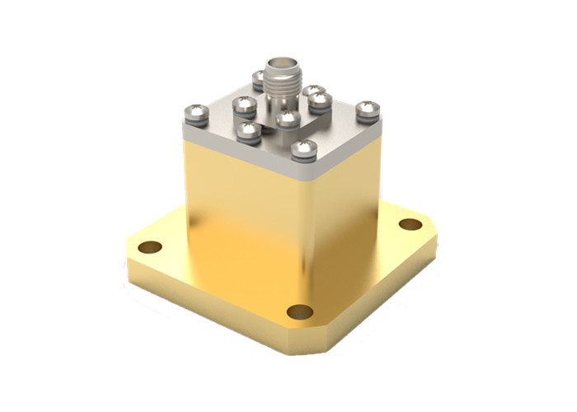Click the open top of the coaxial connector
click(x=281, y=62)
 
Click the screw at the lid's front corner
click(x=304, y=149)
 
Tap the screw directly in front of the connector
click(x=287, y=121)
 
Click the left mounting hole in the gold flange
click(x=149, y=246)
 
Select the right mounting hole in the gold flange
click(x=410, y=224)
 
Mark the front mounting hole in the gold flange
click(x=300, y=311)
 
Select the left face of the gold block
click(x=239, y=206)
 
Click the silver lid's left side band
click(x=239, y=153)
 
